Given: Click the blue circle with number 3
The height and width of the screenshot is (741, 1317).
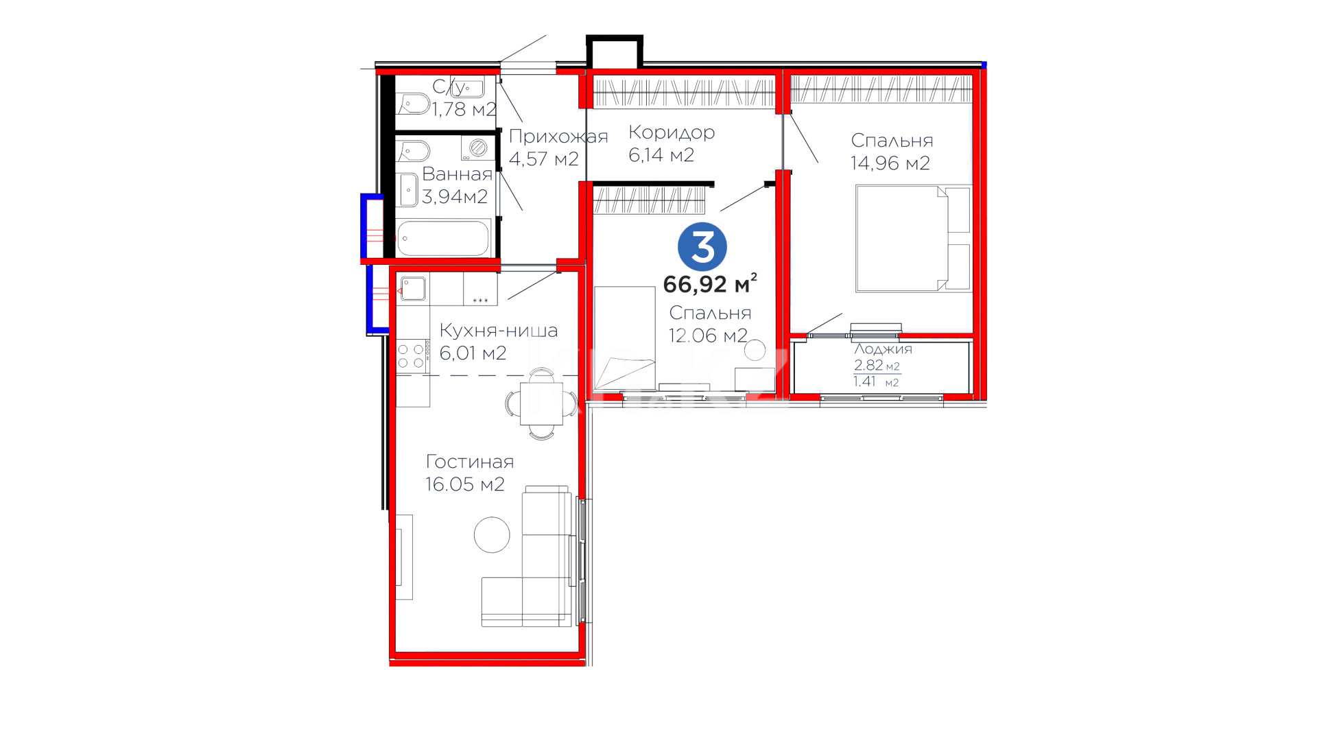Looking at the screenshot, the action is pos(702,246).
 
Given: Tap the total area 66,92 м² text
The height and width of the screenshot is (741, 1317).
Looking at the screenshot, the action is pos(710,283).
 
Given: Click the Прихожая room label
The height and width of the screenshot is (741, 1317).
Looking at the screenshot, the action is pos(558,137).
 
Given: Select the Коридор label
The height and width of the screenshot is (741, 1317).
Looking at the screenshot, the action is pos(672,132).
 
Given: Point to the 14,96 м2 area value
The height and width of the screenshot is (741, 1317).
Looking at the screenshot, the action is pos(890,163).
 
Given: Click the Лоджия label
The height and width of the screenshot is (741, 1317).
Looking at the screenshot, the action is pos(883,349).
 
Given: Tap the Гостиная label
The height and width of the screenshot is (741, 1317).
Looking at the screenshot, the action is pos(470,462).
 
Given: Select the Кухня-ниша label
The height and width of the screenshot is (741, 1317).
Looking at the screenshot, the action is pos(499,331).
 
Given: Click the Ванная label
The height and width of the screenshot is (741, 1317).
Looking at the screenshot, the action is pos(458,174).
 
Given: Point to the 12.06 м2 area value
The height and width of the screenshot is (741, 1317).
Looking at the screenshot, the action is pos(708,336).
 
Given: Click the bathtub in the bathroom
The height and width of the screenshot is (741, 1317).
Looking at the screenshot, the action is pos(443,238).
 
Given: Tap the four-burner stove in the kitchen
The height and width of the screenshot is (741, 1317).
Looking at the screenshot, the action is pos(411,356).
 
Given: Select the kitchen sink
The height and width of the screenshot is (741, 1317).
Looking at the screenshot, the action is pos(413,289).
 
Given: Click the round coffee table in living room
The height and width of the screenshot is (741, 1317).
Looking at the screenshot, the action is pos(492,534).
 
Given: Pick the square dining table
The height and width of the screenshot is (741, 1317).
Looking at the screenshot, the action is pos(541,403).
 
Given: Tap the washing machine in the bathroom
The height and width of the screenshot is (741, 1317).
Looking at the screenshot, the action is pos(478,148).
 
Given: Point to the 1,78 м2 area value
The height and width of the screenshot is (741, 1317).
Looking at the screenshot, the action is pos(464,109).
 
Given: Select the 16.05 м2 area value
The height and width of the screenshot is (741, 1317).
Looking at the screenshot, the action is pos(465,484).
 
